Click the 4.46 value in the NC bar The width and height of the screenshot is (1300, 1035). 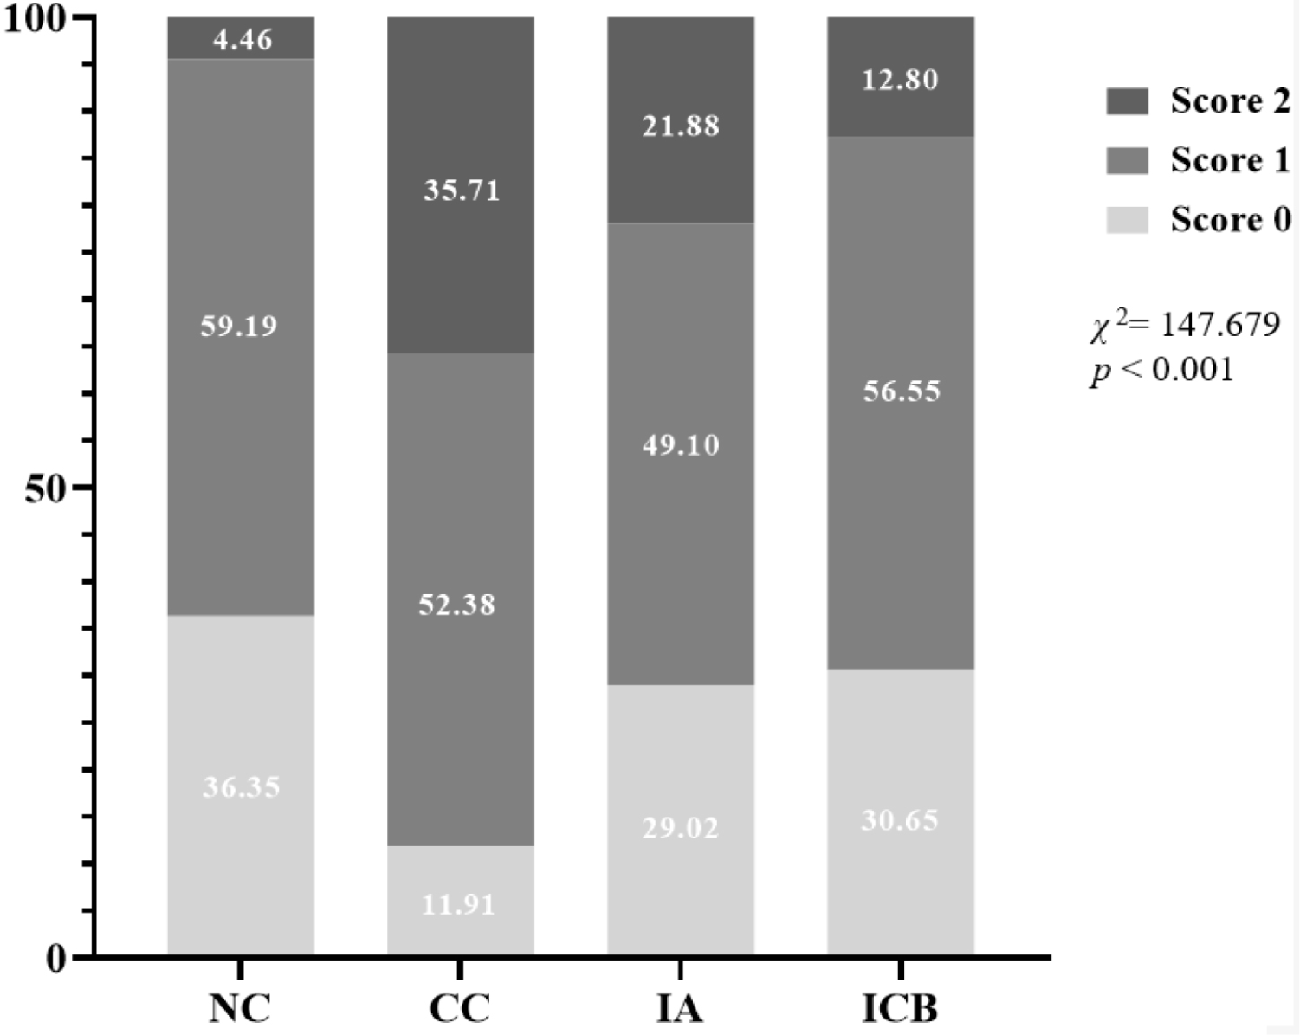coord(242,40)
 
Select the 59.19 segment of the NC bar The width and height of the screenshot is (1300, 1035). coord(239,327)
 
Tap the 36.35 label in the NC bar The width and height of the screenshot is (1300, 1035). coord(242,787)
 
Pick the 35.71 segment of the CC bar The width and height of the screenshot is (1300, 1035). coord(462,190)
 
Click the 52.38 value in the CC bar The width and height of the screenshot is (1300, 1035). coord(457,604)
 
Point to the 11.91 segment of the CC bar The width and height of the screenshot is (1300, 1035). coord(458,904)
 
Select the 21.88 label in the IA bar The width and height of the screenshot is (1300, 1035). coord(681,126)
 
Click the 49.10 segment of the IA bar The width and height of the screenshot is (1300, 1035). coord(681,445)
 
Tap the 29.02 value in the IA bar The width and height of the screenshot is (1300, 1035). coord(681,829)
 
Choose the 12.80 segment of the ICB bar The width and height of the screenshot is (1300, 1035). coord(900,80)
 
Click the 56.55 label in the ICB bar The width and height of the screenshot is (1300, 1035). coord(902,391)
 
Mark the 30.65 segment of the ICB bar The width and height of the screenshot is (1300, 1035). coord(900,819)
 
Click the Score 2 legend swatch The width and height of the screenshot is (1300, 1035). coord(1127,101)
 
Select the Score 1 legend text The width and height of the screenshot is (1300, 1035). coord(1230,160)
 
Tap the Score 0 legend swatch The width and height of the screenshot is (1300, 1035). coord(1127,220)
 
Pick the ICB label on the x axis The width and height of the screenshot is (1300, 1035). coord(900,1008)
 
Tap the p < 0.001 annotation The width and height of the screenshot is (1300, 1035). coord(1161,370)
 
